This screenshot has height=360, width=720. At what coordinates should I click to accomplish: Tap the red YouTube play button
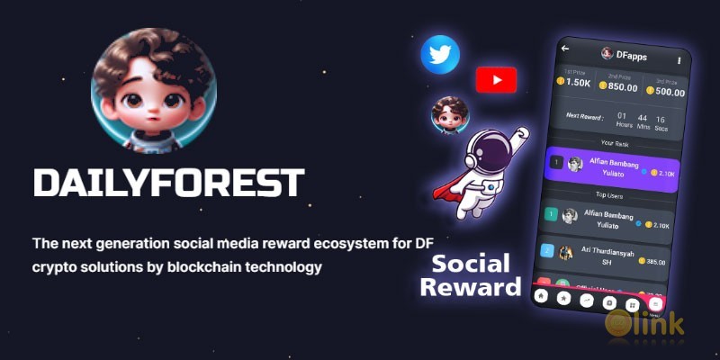click(x=496, y=81)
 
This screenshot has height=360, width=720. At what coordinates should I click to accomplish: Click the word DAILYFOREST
click(x=167, y=182)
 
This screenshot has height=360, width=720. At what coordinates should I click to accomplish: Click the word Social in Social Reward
click(x=471, y=265)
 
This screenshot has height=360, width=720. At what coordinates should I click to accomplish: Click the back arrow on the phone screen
click(x=565, y=47)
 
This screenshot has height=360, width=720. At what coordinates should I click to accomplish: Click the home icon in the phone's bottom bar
click(x=541, y=295)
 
